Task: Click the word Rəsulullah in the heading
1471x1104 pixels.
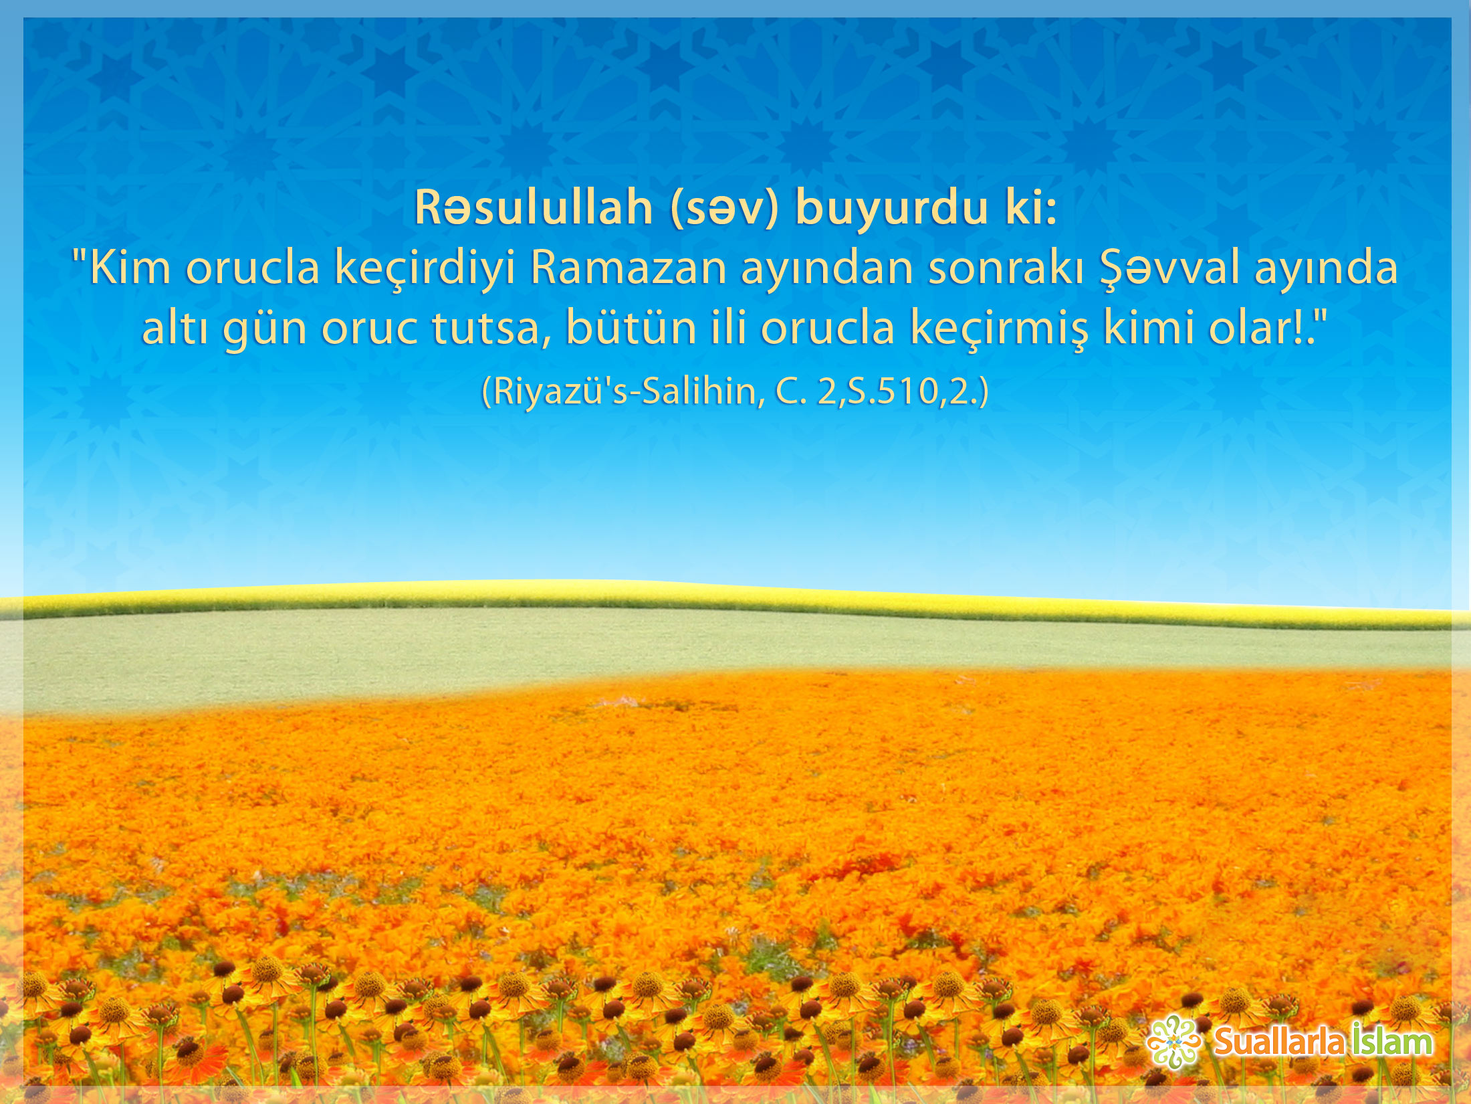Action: [534, 207]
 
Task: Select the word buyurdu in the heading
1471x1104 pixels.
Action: [892, 209]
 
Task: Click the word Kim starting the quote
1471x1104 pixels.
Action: [130, 268]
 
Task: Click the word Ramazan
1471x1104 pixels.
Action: [628, 268]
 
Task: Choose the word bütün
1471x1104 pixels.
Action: [631, 328]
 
